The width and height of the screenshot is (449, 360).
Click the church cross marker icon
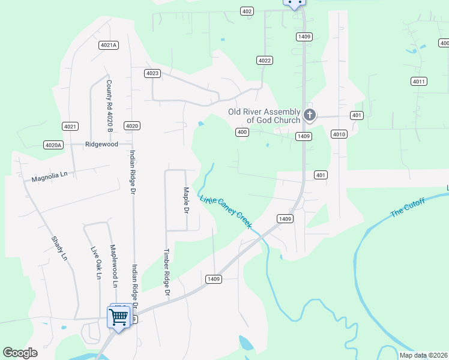(309, 115)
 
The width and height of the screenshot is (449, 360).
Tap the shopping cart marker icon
(119, 316)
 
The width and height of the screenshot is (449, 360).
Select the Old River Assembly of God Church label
(264, 116)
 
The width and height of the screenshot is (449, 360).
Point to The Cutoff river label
(408, 207)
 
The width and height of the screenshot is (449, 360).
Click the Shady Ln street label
(61, 247)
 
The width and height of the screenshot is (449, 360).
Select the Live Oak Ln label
(94, 262)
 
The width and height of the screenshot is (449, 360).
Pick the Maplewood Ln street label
(112, 262)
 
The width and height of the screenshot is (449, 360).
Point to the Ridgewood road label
(101, 144)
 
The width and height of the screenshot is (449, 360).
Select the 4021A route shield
(109, 45)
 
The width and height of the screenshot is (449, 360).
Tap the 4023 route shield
(152, 73)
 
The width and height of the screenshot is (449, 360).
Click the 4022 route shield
(264, 60)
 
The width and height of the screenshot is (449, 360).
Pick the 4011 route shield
(419, 81)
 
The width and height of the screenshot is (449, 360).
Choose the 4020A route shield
(53, 145)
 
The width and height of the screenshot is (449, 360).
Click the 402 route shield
(247, 11)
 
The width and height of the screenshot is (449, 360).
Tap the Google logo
(20, 353)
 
